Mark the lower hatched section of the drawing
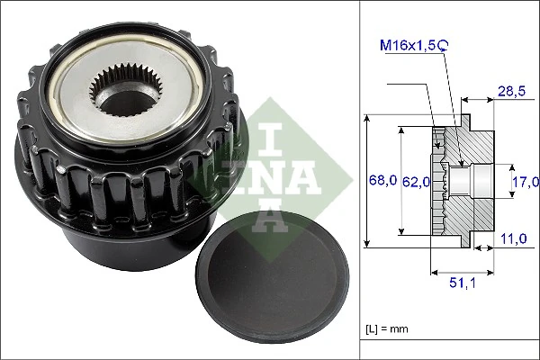tap(472, 217)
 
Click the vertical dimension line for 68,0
tap(368, 180)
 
